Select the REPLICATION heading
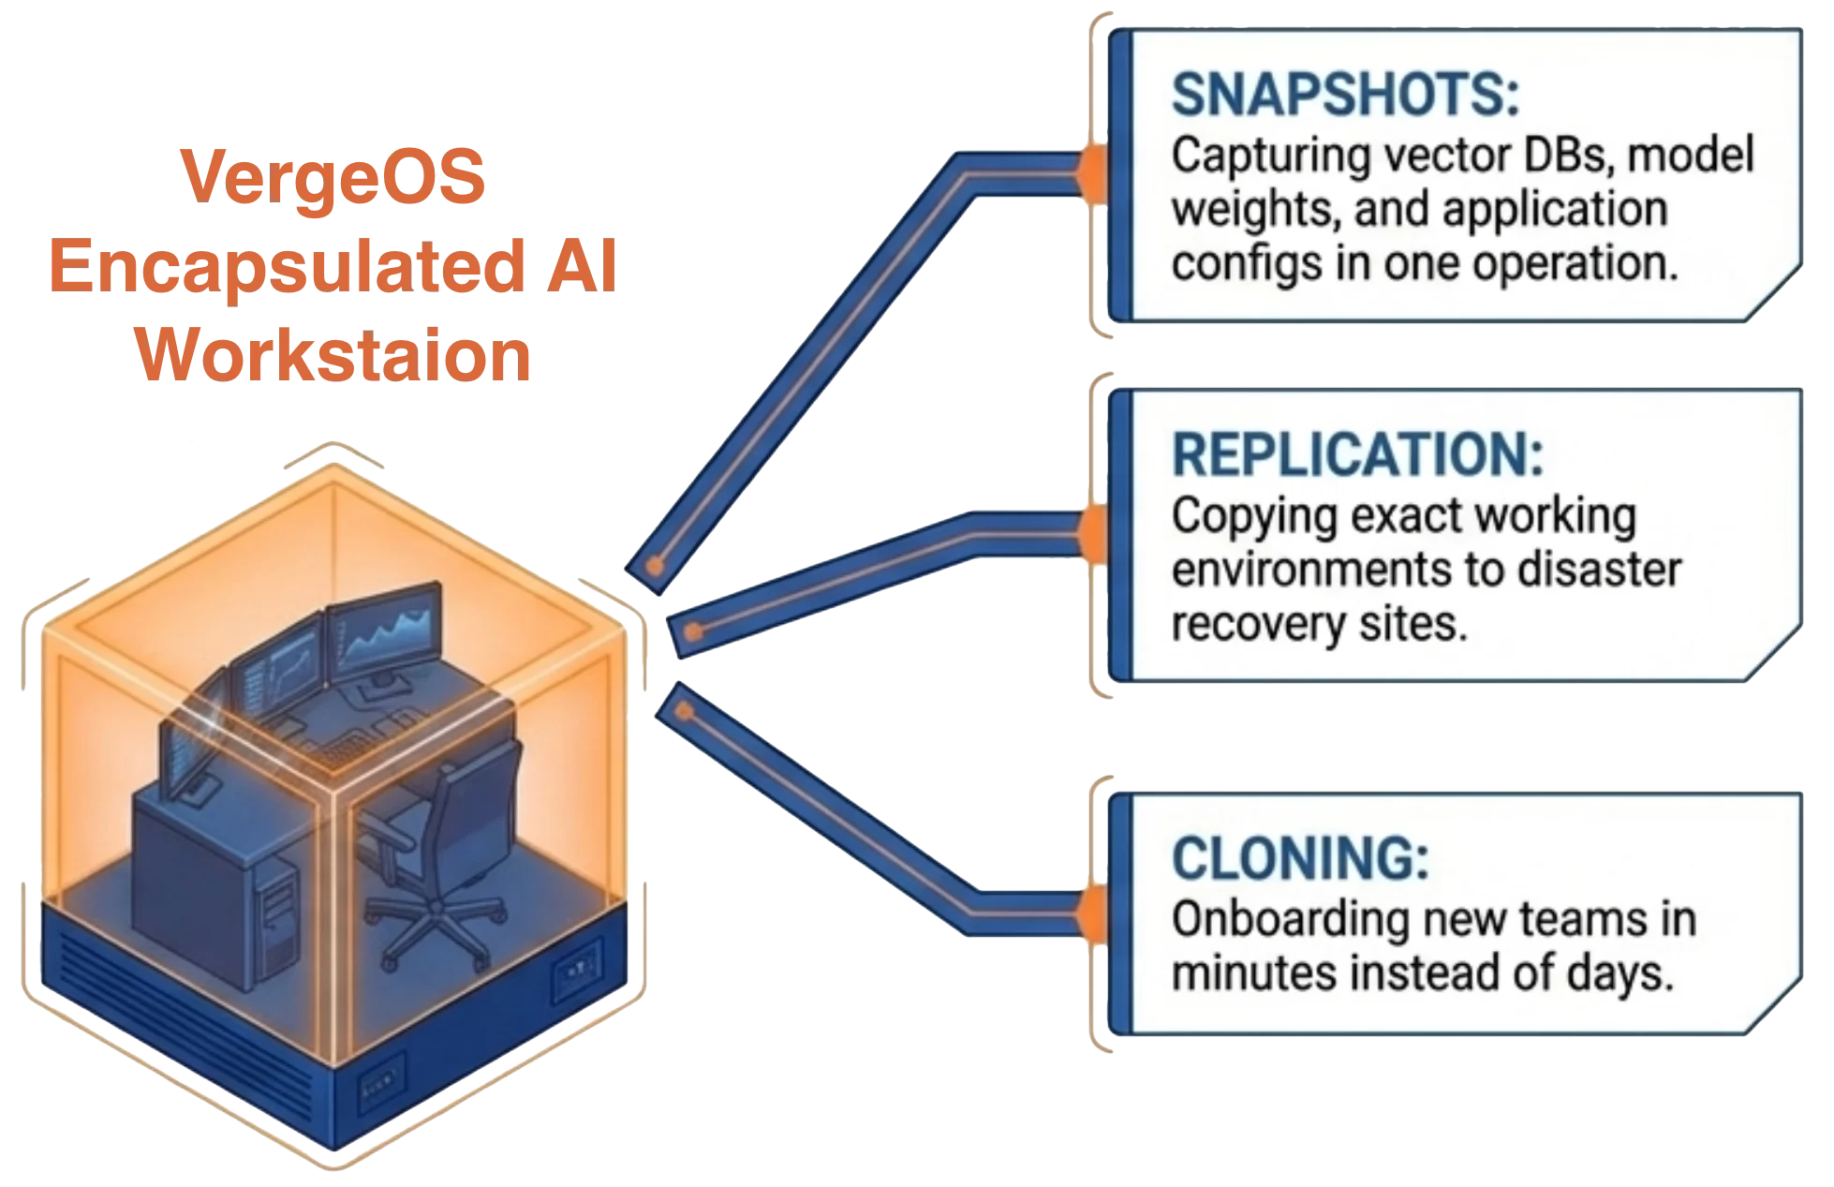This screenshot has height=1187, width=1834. coord(1357,455)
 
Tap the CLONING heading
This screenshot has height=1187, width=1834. coord(1300,858)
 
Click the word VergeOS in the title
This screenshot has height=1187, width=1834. coord(333,177)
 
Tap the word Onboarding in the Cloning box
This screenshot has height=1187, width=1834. coord(1289,919)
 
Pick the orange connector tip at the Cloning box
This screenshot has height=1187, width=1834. coord(1088,913)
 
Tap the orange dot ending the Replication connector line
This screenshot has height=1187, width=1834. coord(692,633)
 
